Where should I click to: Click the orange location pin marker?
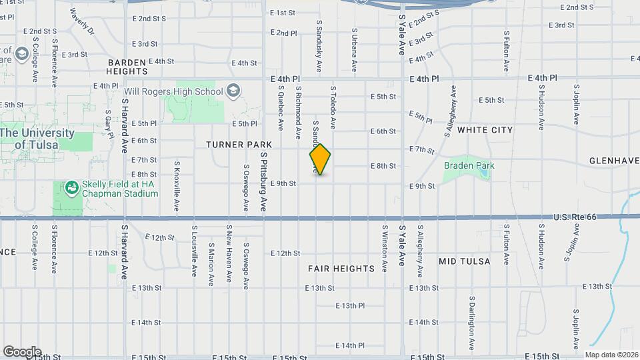coord(320,159)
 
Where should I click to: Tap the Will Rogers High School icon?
coord(233,91)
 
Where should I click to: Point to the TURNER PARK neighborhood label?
coord(239,144)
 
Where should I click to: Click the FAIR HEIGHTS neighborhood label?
coord(341,269)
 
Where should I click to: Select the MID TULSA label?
coord(465,261)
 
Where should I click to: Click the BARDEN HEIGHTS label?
coord(127,66)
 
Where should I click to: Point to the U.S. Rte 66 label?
coord(577,218)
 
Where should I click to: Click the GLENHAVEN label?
coord(614,161)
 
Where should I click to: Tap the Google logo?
coord(21,351)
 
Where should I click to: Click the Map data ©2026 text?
coord(609,355)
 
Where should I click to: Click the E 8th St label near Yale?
coord(383,166)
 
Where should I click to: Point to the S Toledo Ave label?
coord(333,107)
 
